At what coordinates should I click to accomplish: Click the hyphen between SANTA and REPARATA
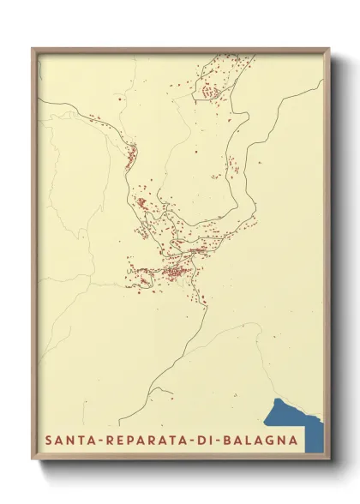[x=99, y=441]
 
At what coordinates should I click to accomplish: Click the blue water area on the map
[x=296, y=419]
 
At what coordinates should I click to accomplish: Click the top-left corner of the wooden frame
[x=33, y=48]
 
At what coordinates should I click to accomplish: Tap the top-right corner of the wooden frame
[x=330, y=48]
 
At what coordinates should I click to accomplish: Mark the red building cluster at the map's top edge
[x=214, y=86]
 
